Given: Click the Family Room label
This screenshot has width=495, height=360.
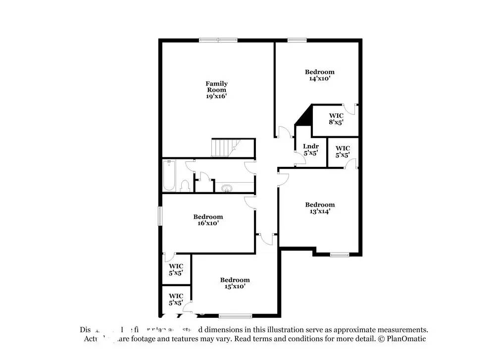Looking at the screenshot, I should click(x=216, y=87).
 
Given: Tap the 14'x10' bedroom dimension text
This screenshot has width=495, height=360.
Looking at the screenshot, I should click(x=319, y=78).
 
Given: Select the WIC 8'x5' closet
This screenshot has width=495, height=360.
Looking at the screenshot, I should click(x=336, y=119).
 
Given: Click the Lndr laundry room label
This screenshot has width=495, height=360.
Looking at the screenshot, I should click(x=310, y=150).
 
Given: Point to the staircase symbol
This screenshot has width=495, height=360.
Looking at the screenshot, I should click(x=225, y=148).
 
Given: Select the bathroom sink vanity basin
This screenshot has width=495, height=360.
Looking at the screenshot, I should click(x=228, y=188).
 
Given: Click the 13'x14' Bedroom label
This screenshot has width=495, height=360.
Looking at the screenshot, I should click(x=320, y=205).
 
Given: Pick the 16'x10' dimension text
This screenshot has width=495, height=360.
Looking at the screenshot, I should click(x=208, y=223).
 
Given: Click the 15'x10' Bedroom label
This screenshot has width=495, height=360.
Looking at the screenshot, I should click(x=235, y=280).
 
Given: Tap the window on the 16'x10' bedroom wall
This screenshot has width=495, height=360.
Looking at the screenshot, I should click(x=160, y=216).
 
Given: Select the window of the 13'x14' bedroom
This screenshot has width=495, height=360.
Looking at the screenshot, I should click(x=340, y=255).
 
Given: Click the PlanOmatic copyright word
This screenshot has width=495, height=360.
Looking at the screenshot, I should click(x=407, y=339).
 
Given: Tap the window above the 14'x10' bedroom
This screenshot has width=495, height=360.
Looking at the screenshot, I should click(x=297, y=40).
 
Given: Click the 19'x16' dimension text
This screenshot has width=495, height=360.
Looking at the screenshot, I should click(x=216, y=97).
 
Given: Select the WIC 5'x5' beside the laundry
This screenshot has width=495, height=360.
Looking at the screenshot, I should click(x=343, y=152).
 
